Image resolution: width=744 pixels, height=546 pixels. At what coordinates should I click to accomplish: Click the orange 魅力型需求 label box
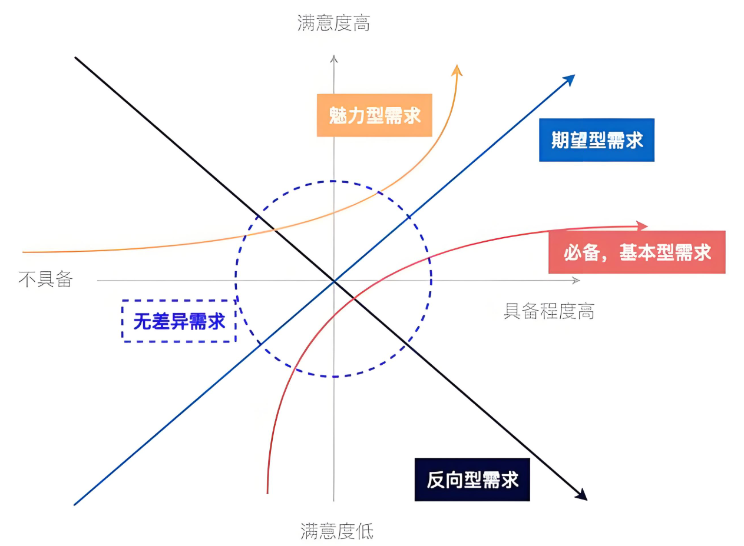click(374, 115)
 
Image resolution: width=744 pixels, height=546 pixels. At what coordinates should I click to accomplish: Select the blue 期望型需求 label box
click(597, 140)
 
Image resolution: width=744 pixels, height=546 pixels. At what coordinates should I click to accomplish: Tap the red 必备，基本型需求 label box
click(636, 252)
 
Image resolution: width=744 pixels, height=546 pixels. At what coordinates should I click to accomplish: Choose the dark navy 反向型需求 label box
click(472, 480)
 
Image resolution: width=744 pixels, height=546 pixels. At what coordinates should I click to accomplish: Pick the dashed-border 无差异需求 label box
click(179, 321)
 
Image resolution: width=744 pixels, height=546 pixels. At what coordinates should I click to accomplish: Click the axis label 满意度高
click(334, 24)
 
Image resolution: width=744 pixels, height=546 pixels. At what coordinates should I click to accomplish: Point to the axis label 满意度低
click(336, 531)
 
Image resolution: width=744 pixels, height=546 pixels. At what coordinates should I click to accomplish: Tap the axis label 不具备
click(45, 279)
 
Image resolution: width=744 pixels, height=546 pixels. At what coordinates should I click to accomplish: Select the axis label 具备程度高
click(548, 311)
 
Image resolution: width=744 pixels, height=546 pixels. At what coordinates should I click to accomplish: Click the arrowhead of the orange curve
click(457, 69)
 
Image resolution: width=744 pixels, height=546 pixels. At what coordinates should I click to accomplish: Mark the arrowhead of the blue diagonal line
click(570, 79)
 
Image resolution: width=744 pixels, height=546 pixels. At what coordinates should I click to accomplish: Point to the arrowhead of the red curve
click(643, 225)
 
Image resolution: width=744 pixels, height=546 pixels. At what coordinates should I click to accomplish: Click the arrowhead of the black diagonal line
click(582, 495)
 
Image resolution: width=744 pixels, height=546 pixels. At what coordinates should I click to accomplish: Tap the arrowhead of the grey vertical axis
click(334, 59)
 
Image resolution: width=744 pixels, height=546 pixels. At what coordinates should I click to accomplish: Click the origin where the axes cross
click(334, 281)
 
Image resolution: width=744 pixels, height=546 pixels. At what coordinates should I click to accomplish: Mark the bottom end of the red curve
click(267, 492)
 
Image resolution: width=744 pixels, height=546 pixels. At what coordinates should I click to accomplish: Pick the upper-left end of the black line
click(76, 58)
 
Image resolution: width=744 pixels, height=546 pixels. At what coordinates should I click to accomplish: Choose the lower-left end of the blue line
click(75, 504)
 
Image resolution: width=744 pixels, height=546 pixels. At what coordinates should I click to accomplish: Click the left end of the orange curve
click(24, 252)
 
